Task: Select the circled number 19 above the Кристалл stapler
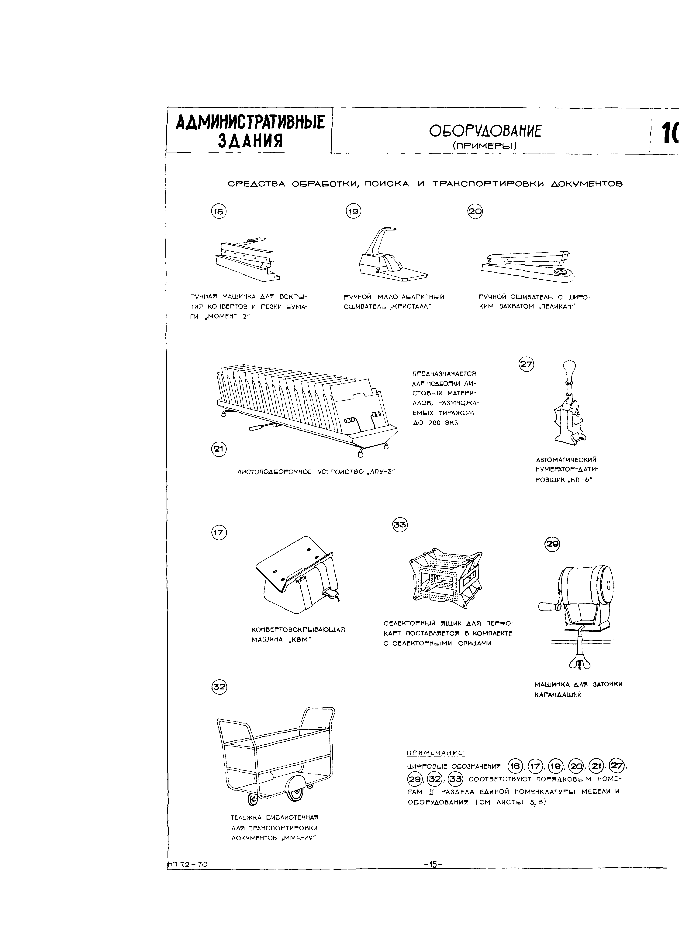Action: [x=353, y=212]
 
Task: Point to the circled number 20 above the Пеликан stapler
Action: [x=475, y=212]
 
